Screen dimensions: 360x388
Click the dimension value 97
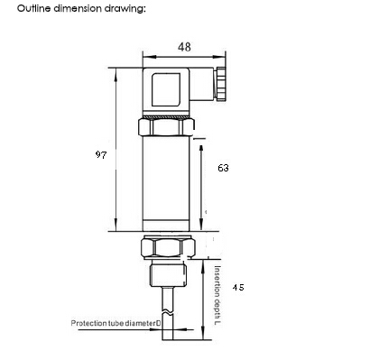100,155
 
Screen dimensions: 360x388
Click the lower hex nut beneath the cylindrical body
168,246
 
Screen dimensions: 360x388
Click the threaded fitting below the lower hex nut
168,272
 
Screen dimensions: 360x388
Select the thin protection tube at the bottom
169,338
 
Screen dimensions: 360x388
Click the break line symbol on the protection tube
169,310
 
